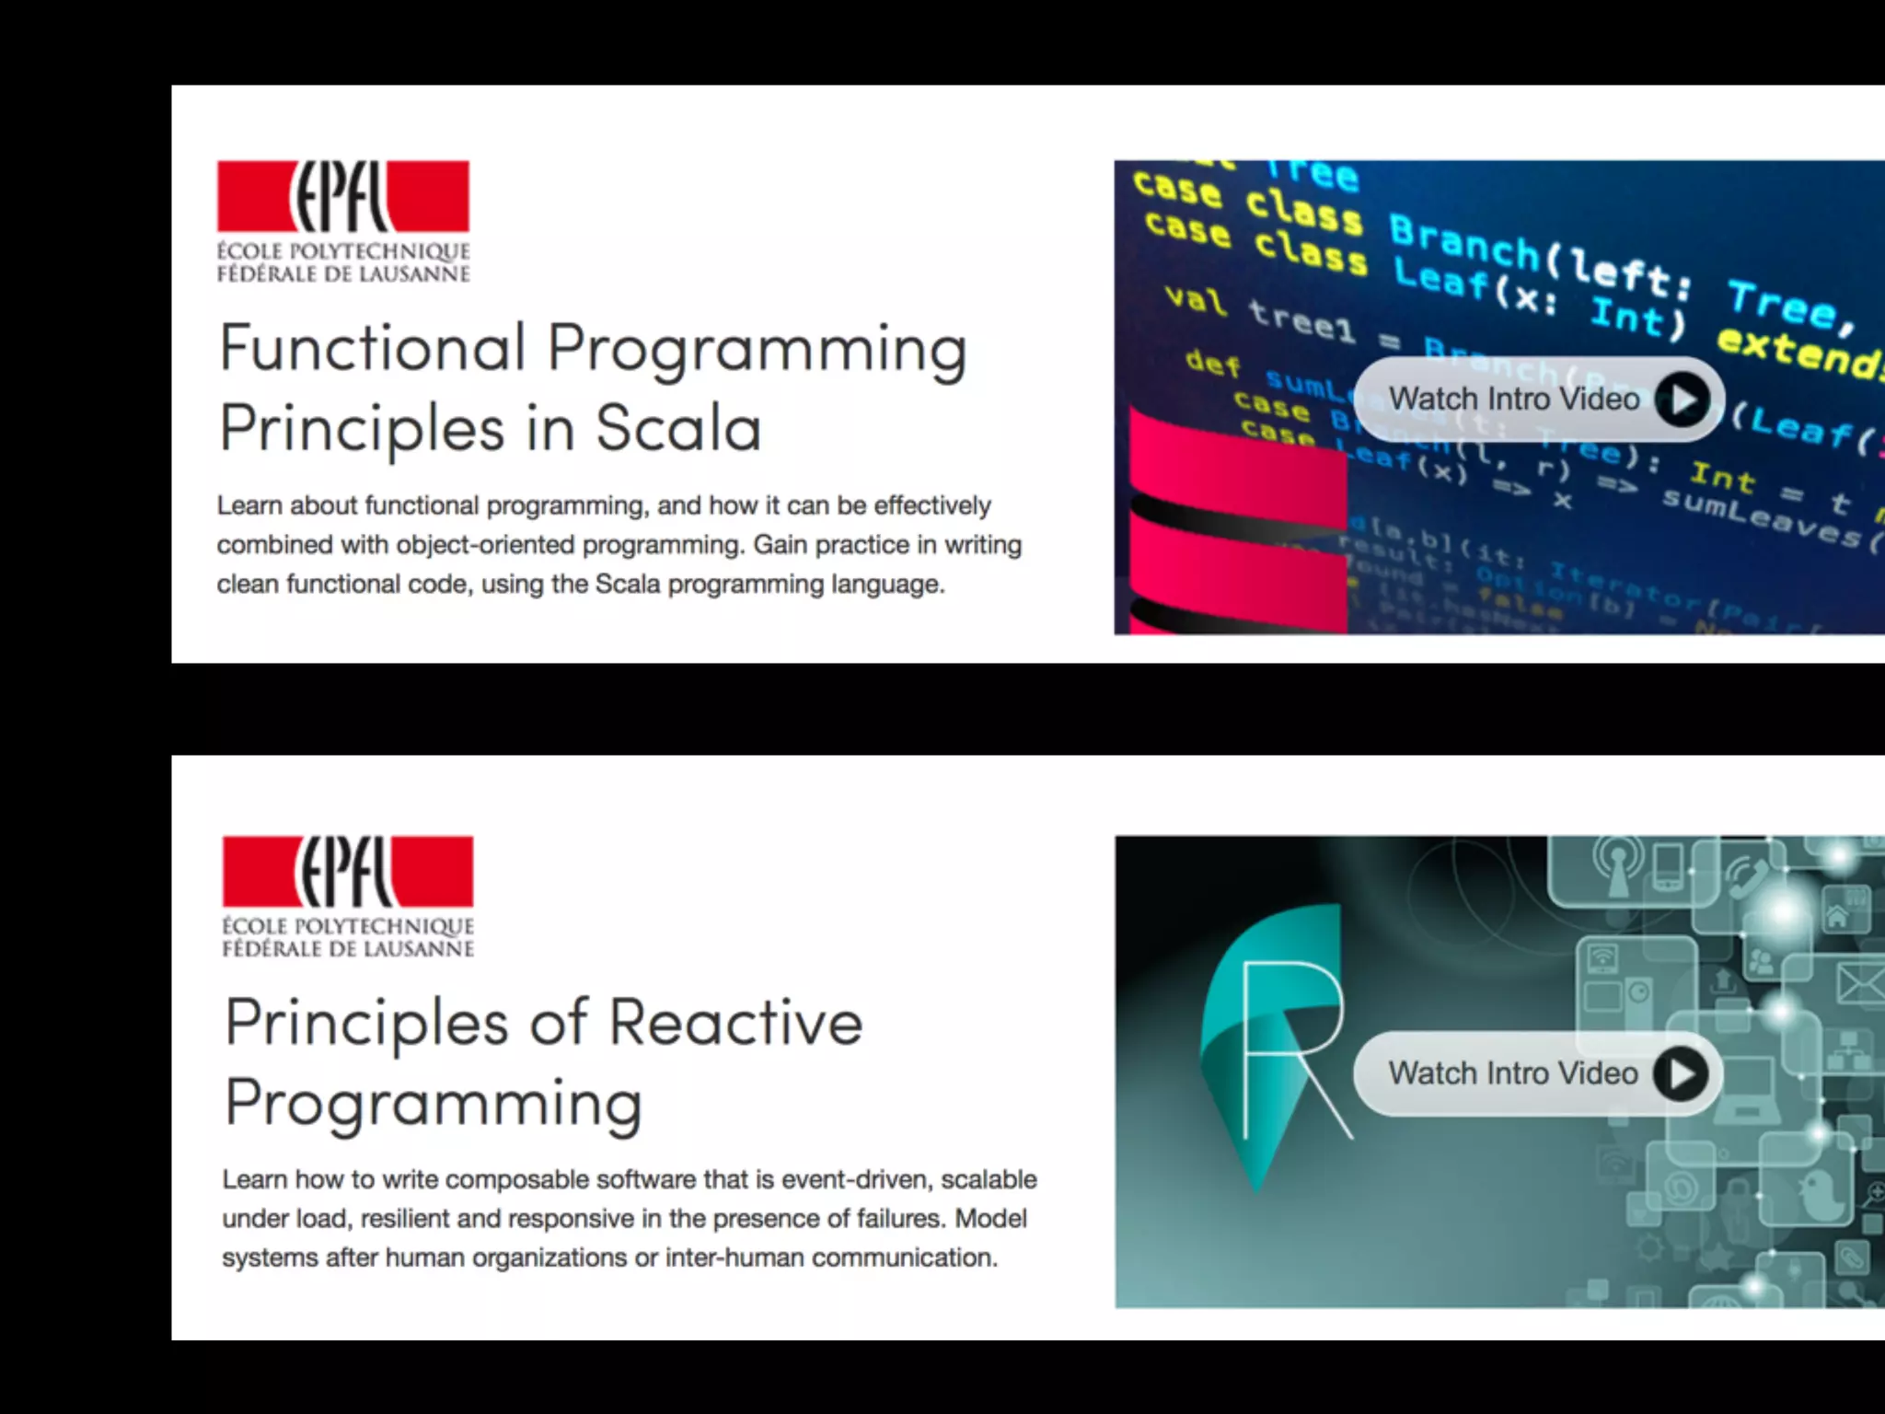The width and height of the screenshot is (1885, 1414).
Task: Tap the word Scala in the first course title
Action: pyautogui.click(x=678, y=428)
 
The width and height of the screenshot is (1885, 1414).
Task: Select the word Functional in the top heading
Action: pyautogui.click(x=373, y=348)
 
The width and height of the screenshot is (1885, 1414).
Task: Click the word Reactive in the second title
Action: pyautogui.click(x=735, y=1023)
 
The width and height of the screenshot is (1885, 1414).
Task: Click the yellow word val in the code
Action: pyautogui.click(x=1196, y=299)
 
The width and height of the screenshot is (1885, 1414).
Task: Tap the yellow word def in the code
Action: pyautogui.click(x=1213, y=363)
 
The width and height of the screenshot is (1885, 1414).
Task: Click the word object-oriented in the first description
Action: pyautogui.click(x=486, y=545)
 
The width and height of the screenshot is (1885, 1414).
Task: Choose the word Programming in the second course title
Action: pyautogui.click(x=434, y=1104)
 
